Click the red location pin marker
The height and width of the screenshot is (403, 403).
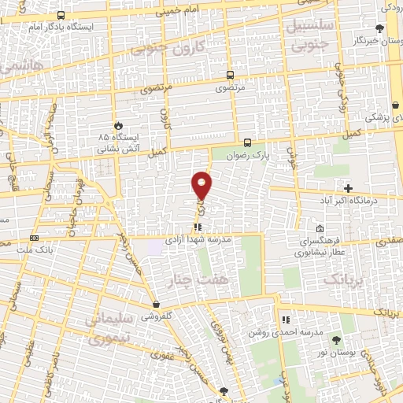(202, 185)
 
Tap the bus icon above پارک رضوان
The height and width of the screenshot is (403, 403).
(248, 142)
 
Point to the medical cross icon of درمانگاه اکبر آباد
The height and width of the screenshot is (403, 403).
(348, 188)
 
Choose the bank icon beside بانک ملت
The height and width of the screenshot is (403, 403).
(34, 238)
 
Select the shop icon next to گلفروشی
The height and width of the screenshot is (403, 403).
(157, 304)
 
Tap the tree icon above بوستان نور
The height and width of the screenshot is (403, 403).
(337, 340)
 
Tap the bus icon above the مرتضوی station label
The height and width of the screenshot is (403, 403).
(230, 76)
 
